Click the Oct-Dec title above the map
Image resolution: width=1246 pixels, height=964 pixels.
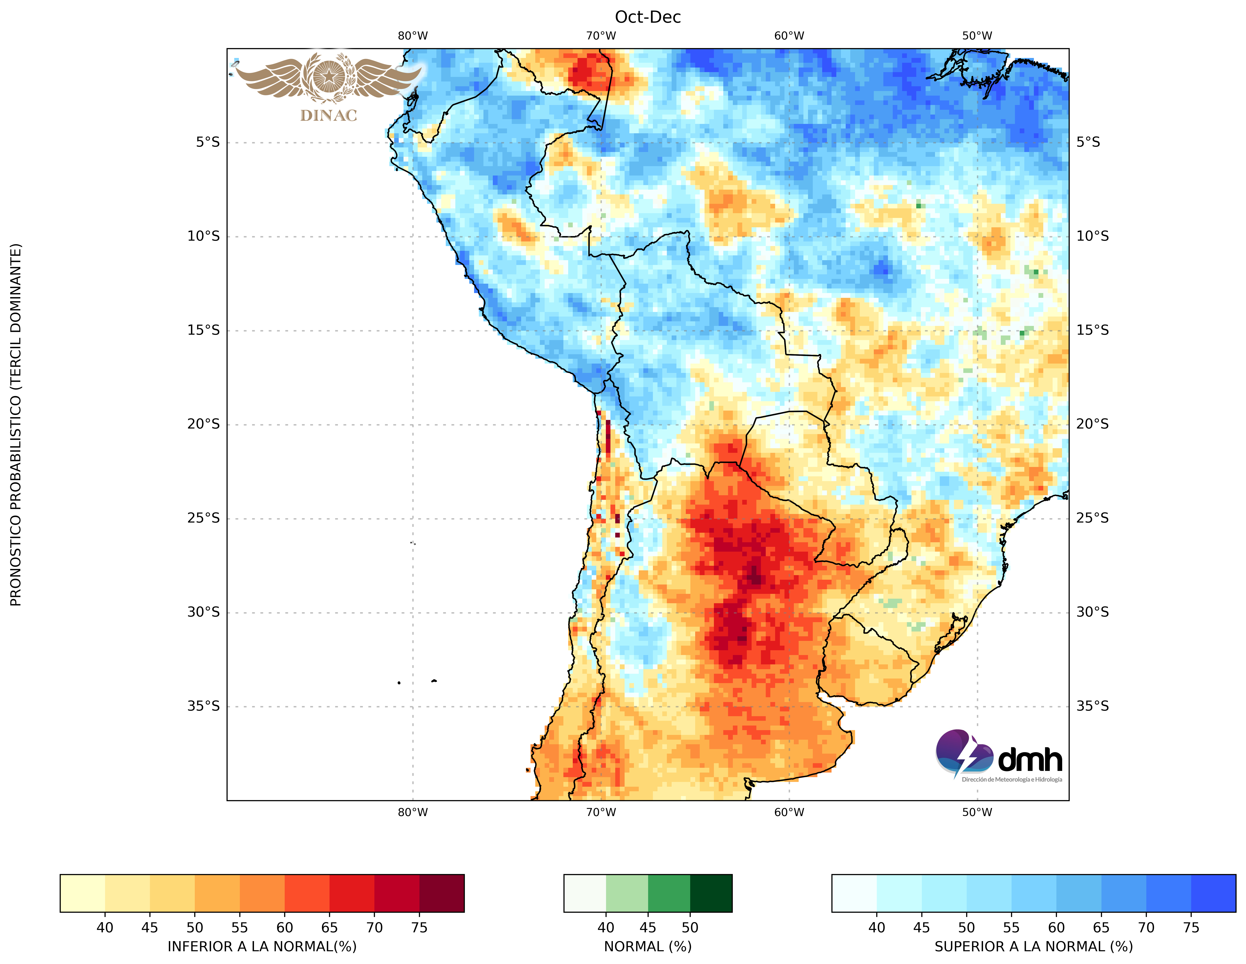[648, 17]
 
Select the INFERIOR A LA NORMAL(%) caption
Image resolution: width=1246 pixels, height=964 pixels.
[262, 946]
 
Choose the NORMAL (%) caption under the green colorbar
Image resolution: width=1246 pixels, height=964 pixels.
[648, 946]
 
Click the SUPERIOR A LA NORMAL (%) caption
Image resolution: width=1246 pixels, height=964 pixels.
[1033, 946]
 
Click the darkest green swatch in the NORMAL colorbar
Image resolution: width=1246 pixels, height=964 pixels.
[711, 893]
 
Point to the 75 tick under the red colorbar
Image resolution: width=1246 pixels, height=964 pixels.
[419, 928]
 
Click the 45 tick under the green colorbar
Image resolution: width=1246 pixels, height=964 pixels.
[648, 928]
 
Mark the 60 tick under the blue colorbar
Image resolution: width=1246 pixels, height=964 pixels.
[1056, 928]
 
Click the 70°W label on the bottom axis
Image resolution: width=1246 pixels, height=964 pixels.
[601, 812]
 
